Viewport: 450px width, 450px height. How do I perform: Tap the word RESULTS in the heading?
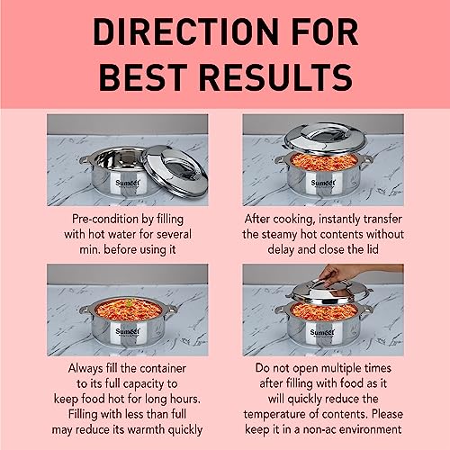pyautogui.click(x=275, y=76)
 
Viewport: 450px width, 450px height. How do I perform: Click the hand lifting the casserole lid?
pyautogui.click(x=339, y=273)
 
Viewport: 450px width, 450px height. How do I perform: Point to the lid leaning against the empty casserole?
pyautogui.click(x=175, y=171)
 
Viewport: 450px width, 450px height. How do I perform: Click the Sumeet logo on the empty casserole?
pyautogui.click(x=128, y=183)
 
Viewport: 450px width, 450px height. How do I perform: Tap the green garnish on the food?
pyautogui.click(x=130, y=302)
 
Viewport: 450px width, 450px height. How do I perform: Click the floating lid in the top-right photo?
pyautogui.click(x=325, y=139)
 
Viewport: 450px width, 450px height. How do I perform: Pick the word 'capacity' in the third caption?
pyautogui.click(x=143, y=384)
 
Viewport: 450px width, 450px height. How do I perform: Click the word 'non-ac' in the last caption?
pyautogui.click(x=319, y=429)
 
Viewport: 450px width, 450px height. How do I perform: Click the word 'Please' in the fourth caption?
pyautogui.click(x=387, y=414)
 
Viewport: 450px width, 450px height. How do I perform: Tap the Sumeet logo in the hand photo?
pyautogui.click(x=322, y=332)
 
